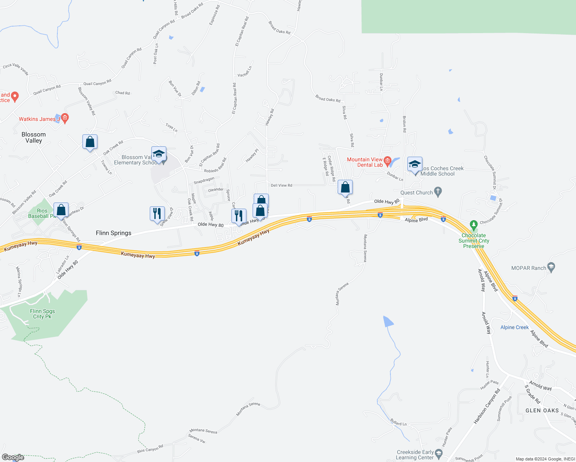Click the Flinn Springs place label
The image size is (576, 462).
[114, 233]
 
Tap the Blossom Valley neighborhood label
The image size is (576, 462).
[33, 137]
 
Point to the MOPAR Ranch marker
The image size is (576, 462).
[551, 267]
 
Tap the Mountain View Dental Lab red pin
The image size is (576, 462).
[388, 161]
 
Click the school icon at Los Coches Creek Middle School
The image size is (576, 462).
[415, 164]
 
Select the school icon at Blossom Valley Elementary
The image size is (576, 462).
[159, 154]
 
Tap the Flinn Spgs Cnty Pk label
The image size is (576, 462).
[42, 314]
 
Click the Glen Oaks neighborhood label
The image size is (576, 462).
[542, 411]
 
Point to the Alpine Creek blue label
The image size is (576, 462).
[514, 327]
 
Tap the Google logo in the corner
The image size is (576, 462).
[13, 457]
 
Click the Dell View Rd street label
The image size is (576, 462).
[281, 186]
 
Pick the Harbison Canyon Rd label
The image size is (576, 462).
[487, 406]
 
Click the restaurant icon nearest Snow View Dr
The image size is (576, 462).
[157, 214]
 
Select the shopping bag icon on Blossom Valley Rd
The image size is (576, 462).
[90, 142]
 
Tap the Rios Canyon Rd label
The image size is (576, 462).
[150, 449]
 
